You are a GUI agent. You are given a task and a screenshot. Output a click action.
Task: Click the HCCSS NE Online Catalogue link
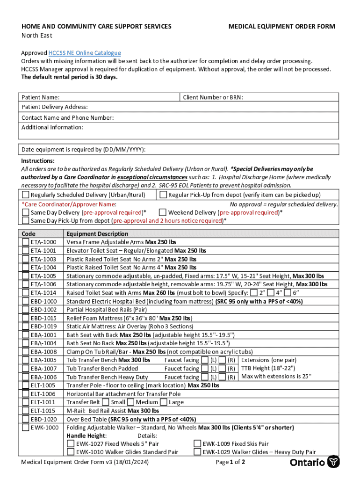[85, 53]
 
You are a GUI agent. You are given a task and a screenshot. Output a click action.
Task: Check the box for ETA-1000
[25, 242]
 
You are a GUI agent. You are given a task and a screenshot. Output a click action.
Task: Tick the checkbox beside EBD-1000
[25, 301]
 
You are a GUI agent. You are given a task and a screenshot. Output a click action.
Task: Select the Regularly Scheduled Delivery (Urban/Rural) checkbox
[26, 195]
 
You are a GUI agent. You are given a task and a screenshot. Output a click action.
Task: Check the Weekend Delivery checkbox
[163, 212]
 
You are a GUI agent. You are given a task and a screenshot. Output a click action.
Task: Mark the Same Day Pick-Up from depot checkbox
[26, 221]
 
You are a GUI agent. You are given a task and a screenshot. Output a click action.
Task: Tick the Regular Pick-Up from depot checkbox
[163, 195]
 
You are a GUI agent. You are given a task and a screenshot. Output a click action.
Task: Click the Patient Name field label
[40, 97]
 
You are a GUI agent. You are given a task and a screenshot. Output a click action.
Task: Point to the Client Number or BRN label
[213, 97]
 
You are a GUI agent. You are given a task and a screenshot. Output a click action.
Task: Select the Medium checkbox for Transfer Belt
[131, 402]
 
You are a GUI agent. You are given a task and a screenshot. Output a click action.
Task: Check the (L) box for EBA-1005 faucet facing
[205, 360]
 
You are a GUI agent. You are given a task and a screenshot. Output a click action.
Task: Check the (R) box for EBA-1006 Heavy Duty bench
[222, 377]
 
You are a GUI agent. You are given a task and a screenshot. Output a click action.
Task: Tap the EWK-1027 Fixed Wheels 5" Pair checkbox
[71, 444]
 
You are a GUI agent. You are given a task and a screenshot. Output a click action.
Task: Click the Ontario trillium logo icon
[333, 462]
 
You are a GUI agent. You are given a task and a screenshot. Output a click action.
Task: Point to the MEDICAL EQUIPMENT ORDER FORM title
[281, 27]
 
